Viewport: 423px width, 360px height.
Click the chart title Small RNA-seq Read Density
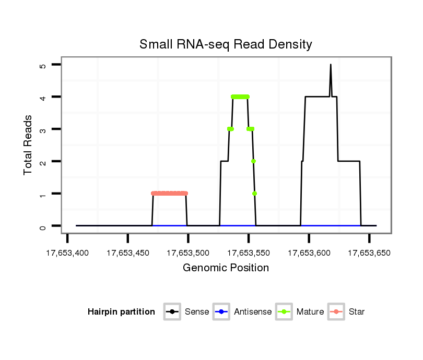click(226, 44)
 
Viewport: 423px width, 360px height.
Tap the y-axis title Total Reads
click(28, 145)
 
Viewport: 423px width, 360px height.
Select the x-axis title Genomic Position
click(226, 268)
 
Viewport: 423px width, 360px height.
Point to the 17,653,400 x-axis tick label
click(67, 253)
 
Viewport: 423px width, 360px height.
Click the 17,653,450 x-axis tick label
click(128, 253)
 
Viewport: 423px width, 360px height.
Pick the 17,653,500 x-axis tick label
click(188, 253)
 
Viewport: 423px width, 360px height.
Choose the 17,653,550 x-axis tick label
click(249, 253)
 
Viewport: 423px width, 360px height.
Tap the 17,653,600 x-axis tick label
click(309, 253)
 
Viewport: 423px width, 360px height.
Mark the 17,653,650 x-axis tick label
click(369, 253)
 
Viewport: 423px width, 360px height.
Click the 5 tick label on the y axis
click(43, 65)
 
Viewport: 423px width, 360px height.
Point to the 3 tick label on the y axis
click(43, 129)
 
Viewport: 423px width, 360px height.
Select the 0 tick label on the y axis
click(43, 226)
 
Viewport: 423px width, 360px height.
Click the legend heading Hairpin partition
click(121, 312)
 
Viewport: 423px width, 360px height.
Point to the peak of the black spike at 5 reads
click(331, 65)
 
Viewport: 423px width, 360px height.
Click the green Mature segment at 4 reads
click(240, 97)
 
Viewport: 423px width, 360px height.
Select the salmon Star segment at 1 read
click(169, 194)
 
